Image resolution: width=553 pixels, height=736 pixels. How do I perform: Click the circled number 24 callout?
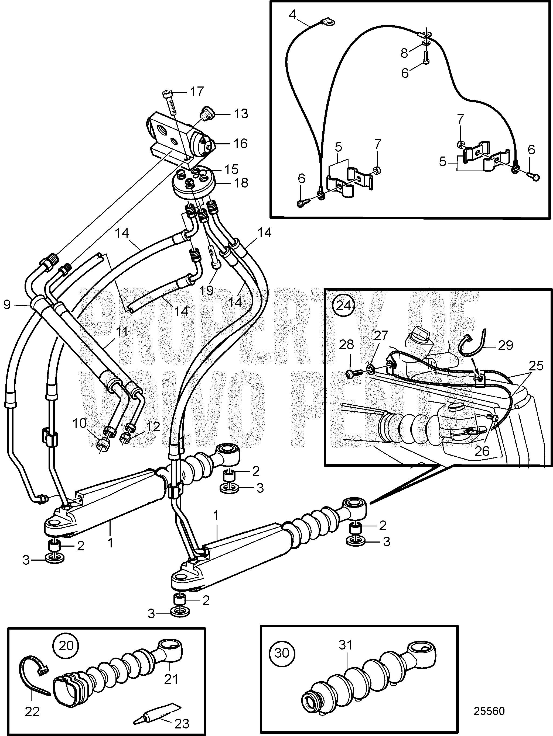(x=343, y=305)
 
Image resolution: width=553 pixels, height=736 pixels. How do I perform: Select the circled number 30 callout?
(x=282, y=653)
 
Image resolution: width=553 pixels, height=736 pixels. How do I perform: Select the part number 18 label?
(x=241, y=183)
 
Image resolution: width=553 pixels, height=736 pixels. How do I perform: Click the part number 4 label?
(x=292, y=15)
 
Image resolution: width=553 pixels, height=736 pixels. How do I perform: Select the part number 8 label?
(x=404, y=53)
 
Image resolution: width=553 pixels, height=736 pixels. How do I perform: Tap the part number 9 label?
(x=7, y=304)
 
